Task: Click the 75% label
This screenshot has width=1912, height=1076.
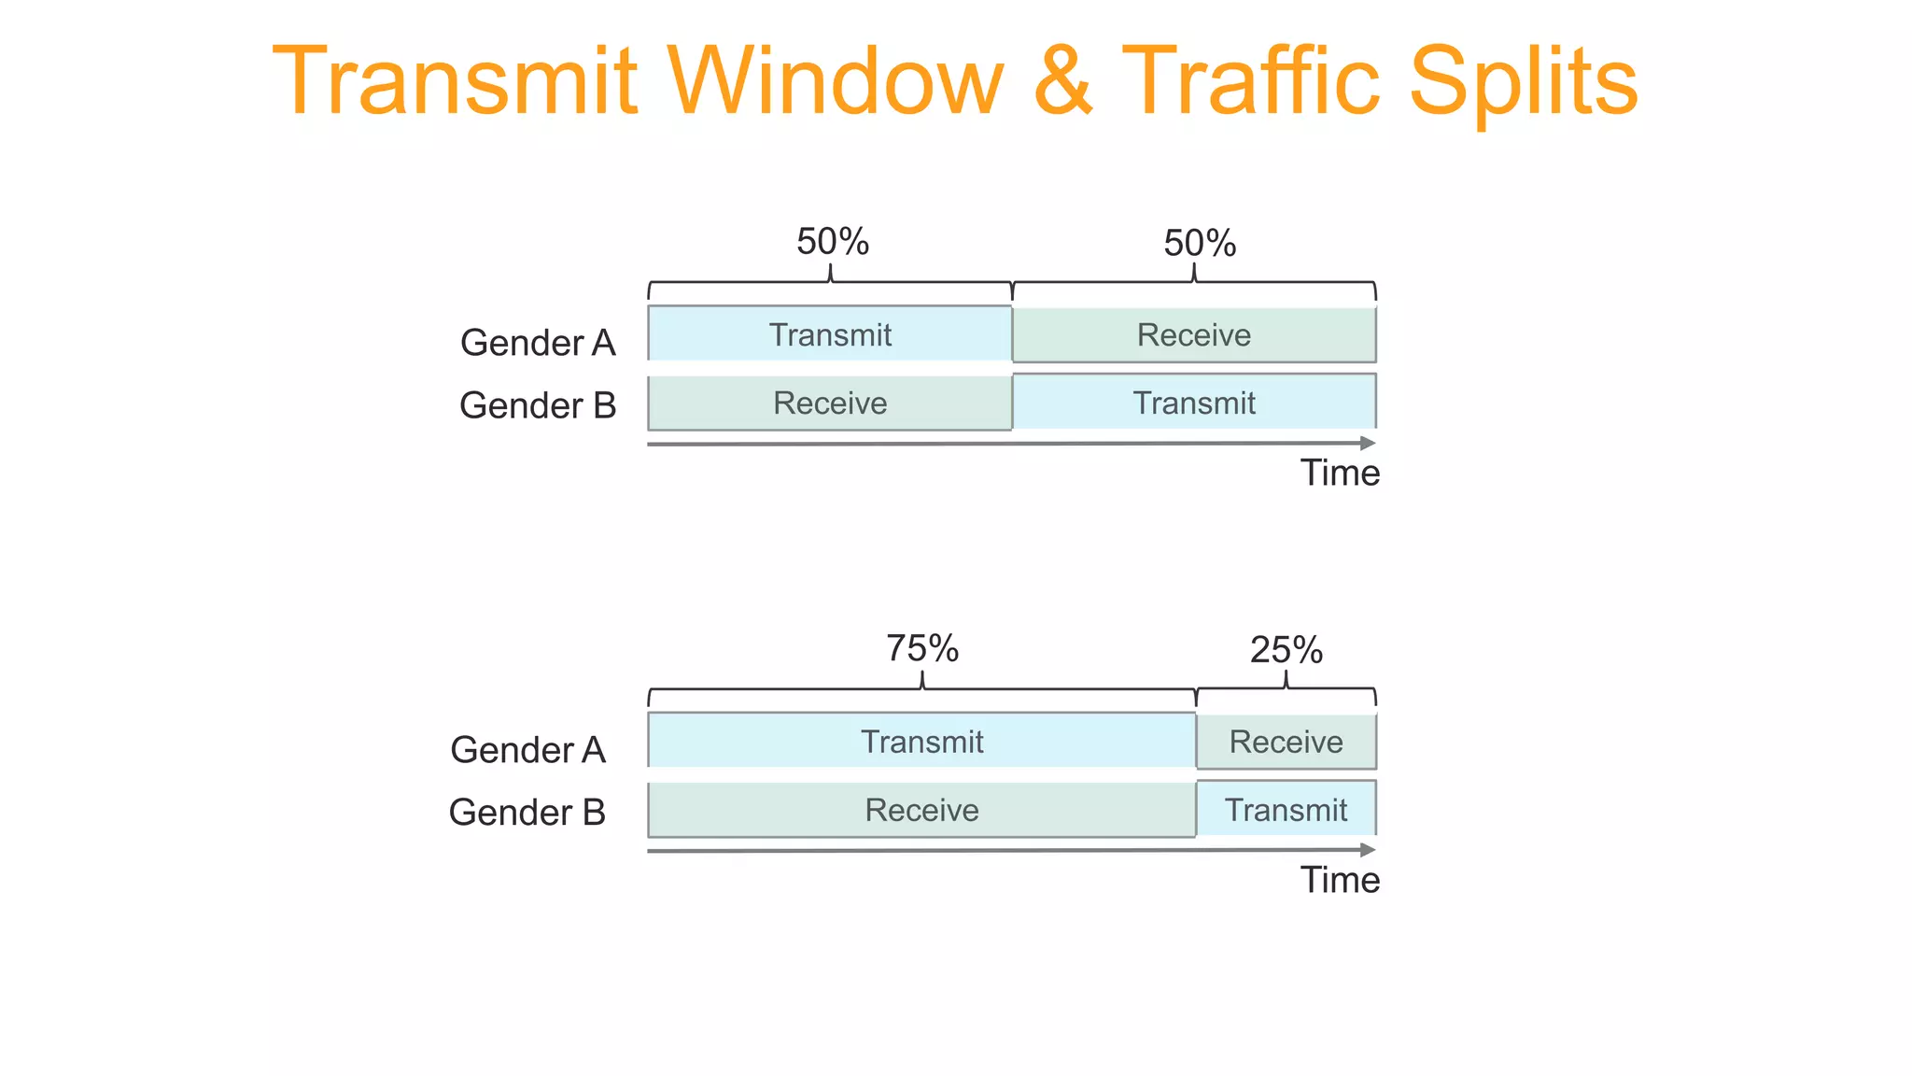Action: point(922,648)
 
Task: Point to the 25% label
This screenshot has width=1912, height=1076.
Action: point(1286,650)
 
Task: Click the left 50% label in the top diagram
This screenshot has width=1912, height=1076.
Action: point(833,242)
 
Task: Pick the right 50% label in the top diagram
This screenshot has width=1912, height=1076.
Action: point(1200,244)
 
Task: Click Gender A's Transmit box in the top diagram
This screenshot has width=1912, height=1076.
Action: point(830,333)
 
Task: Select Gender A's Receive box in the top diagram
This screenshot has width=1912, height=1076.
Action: point(1194,334)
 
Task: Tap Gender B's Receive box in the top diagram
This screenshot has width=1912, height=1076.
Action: point(830,403)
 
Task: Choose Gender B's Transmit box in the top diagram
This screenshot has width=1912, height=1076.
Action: point(1194,403)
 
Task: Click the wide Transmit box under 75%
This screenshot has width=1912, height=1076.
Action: point(921,741)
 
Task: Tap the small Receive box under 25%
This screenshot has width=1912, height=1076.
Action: point(1286,742)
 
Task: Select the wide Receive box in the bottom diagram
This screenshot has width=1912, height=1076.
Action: point(921,810)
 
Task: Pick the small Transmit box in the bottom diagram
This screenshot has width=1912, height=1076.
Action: point(1286,810)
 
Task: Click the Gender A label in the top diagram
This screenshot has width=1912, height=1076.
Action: point(538,343)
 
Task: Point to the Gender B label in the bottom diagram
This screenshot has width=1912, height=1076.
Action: point(527,812)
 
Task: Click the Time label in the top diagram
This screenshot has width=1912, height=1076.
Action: point(1340,473)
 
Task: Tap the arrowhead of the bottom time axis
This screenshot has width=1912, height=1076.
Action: point(1368,850)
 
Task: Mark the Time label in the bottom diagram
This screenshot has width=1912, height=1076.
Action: point(1340,880)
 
